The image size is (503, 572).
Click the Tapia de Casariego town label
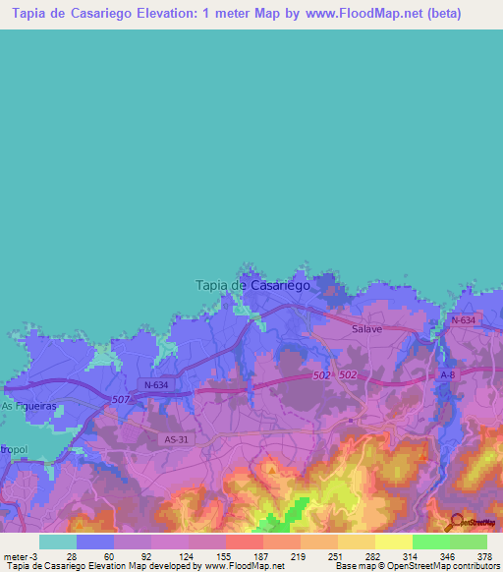pos(252,284)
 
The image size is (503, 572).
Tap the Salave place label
pos(366,330)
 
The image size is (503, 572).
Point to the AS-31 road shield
pos(171,439)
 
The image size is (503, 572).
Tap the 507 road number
pos(120,398)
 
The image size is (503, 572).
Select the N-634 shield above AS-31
pos(153,384)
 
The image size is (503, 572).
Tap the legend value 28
pos(71,555)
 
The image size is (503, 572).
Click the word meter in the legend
pos(16,555)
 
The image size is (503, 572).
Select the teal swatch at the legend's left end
pos(58,542)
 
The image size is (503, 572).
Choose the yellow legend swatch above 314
pos(394,542)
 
